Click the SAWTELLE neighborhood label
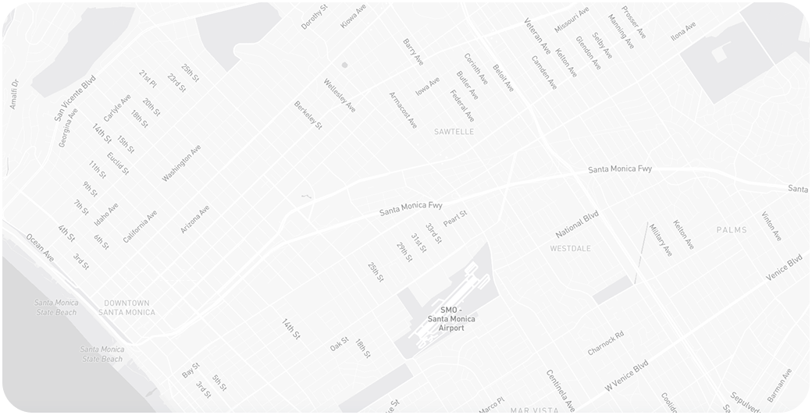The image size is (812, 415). (x=454, y=132)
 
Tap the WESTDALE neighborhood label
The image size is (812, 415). (x=569, y=249)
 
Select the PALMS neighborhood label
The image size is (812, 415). (x=732, y=230)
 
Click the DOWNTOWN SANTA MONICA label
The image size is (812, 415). (x=126, y=307)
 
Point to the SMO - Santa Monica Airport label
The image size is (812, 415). (x=451, y=319)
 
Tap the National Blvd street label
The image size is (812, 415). (x=577, y=225)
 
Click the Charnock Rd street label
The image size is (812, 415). (x=606, y=343)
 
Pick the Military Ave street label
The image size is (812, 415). (x=661, y=239)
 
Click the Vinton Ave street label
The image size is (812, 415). (x=771, y=225)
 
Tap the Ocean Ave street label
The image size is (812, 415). (x=40, y=247)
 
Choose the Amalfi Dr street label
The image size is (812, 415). (x=13, y=94)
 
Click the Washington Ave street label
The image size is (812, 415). (x=182, y=164)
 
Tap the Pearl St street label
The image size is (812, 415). (x=454, y=219)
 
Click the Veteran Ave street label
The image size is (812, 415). (x=537, y=36)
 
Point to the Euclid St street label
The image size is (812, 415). (x=119, y=164)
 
